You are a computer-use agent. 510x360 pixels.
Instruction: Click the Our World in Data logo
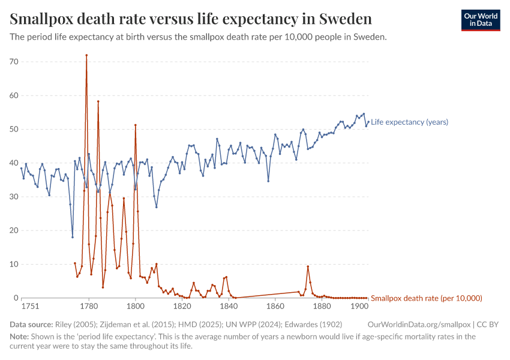click(480, 20)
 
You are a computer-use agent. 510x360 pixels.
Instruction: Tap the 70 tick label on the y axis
click(14, 62)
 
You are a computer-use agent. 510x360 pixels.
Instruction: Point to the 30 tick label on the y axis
click(14, 197)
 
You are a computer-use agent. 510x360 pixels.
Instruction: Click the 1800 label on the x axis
click(136, 307)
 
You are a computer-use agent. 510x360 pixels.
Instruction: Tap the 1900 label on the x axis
click(359, 307)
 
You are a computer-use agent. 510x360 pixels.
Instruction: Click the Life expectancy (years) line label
click(409, 122)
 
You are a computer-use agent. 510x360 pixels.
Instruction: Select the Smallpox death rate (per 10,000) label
click(427, 298)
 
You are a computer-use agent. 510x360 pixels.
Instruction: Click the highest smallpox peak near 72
click(86, 55)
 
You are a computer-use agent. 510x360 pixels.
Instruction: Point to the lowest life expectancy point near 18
click(73, 237)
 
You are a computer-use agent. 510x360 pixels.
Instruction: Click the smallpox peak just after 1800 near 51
click(136, 125)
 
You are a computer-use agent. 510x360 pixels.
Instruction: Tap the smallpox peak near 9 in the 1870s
click(308, 266)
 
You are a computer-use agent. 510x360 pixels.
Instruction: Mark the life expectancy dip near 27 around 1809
click(157, 207)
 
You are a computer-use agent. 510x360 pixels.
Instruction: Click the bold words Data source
click(31, 324)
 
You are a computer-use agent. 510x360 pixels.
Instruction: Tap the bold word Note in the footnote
click(19, 337)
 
